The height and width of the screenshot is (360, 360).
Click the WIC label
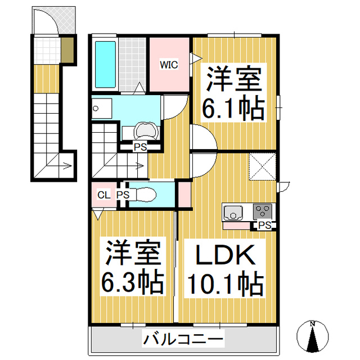click(x=169, y=65)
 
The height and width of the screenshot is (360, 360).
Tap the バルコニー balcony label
click(x=183, y=339)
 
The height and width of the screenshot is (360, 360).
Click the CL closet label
click(x=103, y=195)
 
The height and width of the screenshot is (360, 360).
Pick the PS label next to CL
click(x=123, y=195)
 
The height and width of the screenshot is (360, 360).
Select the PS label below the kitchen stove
click(x=265, y=225)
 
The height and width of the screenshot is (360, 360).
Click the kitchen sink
click(x=233, y=213)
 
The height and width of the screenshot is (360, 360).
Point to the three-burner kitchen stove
click(x=263, y=211)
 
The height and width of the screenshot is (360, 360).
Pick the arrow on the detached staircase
click(x=66, y=165)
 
